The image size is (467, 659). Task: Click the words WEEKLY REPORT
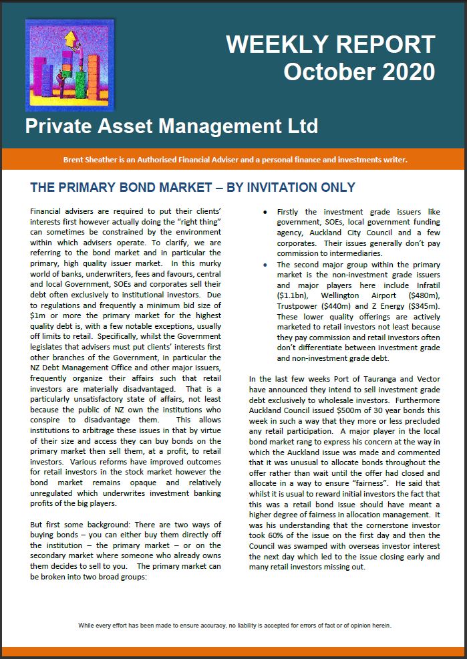click(x=331, y=45)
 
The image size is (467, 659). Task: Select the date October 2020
click(x=359, y=72)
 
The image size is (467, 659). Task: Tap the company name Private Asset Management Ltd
click(x=172, y=126)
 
